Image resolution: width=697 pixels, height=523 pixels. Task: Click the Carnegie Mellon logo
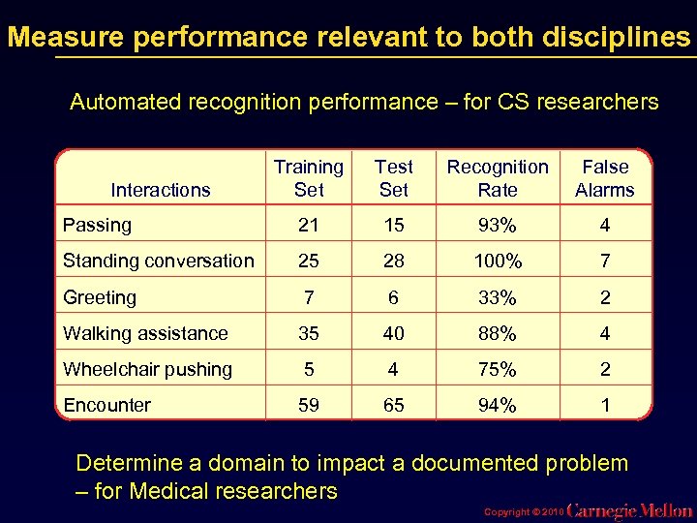(629, 510)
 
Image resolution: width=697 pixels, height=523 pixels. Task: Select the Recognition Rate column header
(498, 178)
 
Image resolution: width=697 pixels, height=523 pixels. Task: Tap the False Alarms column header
(605, 178)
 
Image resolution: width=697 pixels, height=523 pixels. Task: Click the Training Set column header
(309, 178)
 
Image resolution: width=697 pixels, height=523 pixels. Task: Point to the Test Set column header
(393, 178)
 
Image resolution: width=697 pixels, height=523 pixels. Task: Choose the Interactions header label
(161, 190)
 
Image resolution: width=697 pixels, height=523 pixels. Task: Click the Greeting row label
(100, 297)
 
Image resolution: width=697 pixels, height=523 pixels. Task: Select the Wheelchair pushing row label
(147, 369)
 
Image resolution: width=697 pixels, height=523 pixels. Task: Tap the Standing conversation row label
(158, 261)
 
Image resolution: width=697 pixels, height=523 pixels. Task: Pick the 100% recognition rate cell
(498, 261)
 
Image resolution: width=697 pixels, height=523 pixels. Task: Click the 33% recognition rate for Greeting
(498, 297)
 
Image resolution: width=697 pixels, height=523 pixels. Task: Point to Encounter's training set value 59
(309, 405)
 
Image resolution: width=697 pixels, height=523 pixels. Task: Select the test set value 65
(393, 405)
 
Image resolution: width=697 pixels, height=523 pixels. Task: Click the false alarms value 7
(605, 261)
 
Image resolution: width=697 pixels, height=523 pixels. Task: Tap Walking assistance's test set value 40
(393, 333)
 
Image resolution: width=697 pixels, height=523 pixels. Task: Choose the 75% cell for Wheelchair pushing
(498, 369)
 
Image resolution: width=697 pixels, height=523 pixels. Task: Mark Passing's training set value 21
(309, 226)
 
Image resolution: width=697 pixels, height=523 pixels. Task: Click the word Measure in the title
(66, 37)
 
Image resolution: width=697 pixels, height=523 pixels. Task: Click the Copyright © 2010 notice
(521, 510)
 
